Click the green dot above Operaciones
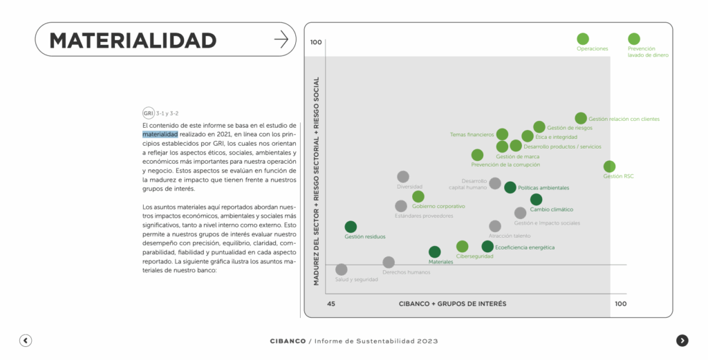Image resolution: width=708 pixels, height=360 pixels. pyautogui.click(x=583, y=39)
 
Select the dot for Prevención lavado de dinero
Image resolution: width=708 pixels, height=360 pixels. pyautogui.click(x=634, y=39)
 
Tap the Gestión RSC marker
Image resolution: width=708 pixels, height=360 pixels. pyautogui.click(x=609, y=167)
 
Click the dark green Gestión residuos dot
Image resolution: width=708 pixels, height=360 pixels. pyautogui.click(x=351, y=227)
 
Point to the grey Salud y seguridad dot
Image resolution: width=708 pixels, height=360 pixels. pyautogui.click(x=341, y=269)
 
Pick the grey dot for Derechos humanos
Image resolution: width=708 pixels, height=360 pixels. pyautogui.click(x=389, y=262)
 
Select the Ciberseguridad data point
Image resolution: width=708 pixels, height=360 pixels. pyautogui.click(x=463, y=247)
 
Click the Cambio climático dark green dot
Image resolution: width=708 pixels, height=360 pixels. pyautogui.click(x=536, y=200)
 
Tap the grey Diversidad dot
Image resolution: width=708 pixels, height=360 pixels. pyautogui.click(x=403, y=177)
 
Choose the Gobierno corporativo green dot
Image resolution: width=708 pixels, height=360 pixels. pyautogui.click(x=418, y=197)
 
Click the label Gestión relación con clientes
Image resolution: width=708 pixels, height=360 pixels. pyautogui.click(x=624, y=119)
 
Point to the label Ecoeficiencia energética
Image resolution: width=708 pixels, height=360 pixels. pyautogui.click(x=525, y=247)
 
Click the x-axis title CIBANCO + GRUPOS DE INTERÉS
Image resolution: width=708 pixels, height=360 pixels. pyautogui.click(x=452, y=304)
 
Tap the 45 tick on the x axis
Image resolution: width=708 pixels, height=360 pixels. pyautogui.click(x=331, y=304)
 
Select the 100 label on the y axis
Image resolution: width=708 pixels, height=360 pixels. pyautogui.click(x=316, y=42)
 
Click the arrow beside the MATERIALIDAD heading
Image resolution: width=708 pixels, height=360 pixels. pyautogui.click(x=281, y=39)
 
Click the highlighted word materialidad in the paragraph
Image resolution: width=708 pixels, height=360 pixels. pyautogui.click(x=160, y=134)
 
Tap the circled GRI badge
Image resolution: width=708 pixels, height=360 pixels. pyautogui.click(x=148, y=113)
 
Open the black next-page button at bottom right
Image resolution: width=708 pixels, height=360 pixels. pyautogui.click(x=682, y=340)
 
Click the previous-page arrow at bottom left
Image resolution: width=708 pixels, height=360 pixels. pyautogui.click(x=26, y=340)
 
